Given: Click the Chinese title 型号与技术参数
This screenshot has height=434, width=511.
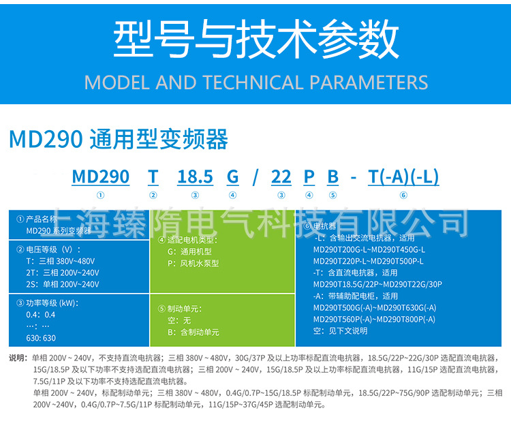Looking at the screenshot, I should (255, 40).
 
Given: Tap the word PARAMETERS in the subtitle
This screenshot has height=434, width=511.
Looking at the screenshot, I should (369, 83).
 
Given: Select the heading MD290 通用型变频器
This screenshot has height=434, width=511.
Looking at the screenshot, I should (119, 140).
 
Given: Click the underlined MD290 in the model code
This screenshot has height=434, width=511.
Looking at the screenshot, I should (100, 177).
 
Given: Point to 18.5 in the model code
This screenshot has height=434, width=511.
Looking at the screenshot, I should (196, 177).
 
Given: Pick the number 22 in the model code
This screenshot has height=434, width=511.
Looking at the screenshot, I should (281, 177).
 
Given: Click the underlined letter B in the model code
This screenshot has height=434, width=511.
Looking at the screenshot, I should (332, 177).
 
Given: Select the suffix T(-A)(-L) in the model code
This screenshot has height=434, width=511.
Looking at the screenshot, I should (403, 177).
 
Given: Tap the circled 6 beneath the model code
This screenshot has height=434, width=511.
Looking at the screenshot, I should (403, 196).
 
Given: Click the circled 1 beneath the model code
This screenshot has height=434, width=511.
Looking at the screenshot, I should (100, 196).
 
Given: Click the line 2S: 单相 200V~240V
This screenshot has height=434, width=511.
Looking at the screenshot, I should (61, 283).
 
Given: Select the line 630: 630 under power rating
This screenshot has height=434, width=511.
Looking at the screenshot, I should (41, 338).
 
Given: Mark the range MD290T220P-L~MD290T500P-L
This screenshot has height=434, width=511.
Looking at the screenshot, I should (368, 261).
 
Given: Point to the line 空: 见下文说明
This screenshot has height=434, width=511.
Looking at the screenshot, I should (341, 331).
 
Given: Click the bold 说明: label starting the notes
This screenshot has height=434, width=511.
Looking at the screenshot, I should (18, 358).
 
